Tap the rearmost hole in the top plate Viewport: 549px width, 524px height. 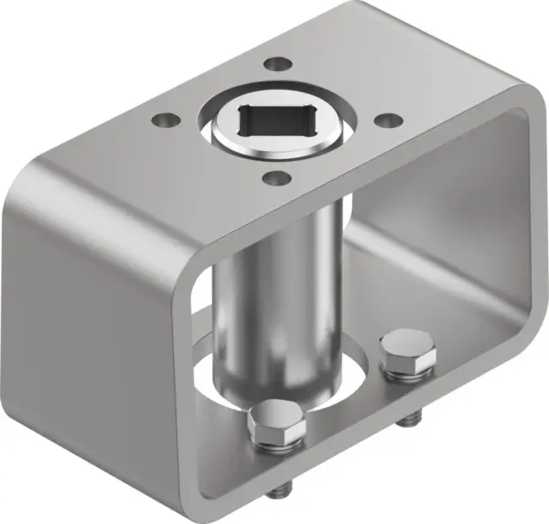click(x=274, y=65)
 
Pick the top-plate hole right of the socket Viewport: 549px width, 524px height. click(x=385, y=120)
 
